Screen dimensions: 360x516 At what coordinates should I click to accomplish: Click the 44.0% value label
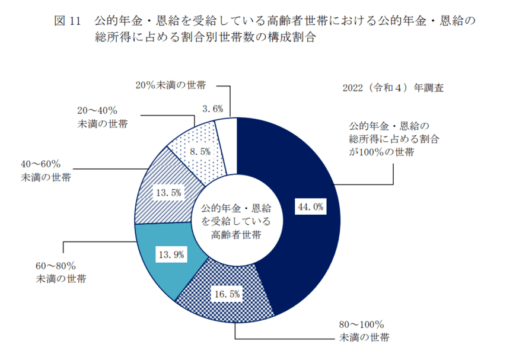310,206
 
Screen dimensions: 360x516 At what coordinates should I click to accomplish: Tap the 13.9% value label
171,254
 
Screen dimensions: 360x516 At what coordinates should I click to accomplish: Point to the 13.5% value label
168,193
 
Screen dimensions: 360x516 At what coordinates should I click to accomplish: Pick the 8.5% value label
200,151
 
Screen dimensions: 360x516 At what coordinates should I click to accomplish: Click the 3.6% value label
212,109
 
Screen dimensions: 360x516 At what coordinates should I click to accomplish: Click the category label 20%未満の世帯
171,85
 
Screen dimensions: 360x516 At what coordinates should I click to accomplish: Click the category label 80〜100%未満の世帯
364,331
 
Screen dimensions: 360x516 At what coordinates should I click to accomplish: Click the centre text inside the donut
236,221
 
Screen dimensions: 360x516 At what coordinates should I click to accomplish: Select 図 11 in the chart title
67,21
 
